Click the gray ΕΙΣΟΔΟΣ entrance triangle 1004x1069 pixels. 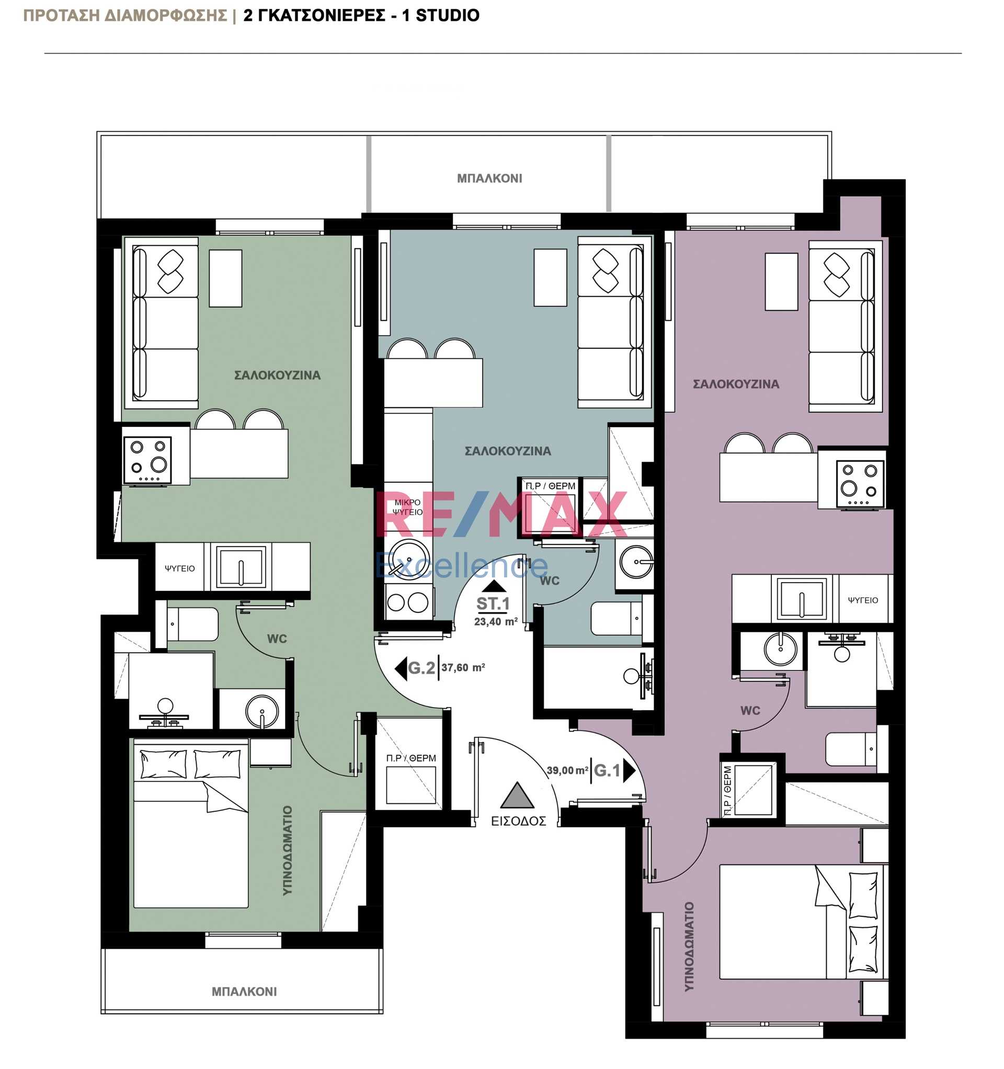[x=516, y=796]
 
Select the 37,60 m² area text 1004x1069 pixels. [x=463, y=668]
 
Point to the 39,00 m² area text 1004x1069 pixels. [x=567, y=770]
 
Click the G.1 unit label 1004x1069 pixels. [x=607, y=770]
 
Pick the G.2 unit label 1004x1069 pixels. [x=421, y=668]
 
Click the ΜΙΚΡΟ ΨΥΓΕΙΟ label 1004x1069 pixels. [x=408, y=507]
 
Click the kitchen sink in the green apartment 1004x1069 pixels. [x=241, y=567]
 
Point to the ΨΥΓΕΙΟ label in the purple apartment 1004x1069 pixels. [x=863, y=600]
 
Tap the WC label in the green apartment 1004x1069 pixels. [x=277, y=639]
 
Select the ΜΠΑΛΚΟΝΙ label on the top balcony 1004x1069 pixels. [x=489, y=178]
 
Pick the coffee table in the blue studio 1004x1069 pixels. [x=550, y=278]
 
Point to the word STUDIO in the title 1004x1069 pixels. [x=448, y=16]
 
